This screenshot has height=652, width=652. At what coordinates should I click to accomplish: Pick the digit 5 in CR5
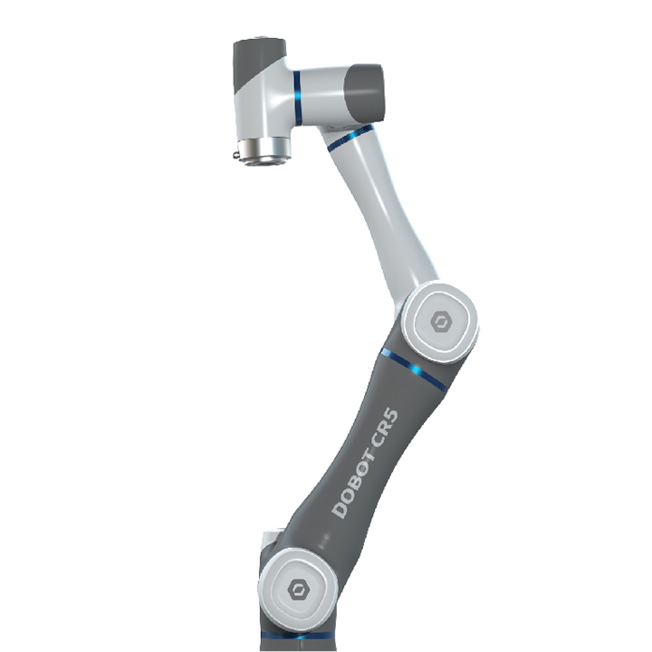(x=392, y=417)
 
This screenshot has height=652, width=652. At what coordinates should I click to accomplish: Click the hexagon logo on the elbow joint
(x=440, y=321)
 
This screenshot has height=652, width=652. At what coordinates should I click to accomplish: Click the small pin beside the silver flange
(x=235, y=156)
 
